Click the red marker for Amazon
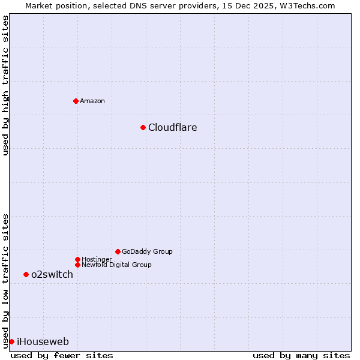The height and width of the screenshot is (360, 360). [76, 101]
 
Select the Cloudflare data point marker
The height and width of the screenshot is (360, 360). [143, 127]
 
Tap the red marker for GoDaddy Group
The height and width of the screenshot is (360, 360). [118, 251]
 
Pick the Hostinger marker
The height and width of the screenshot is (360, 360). [77, 259]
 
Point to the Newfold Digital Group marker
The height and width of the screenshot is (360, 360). [77, 265]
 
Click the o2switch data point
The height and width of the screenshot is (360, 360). [26, 274]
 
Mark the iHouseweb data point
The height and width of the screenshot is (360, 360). [11, 341]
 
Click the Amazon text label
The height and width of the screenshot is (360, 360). [92, 101]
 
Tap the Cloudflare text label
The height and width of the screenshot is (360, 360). [173, 127]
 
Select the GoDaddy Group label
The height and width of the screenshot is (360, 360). [147, 251]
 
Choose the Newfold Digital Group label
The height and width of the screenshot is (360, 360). [117, 265]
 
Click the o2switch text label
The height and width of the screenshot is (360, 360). [52, 274]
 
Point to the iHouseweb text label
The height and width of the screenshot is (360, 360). [43, 341]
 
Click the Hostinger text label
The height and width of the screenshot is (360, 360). [97, 259]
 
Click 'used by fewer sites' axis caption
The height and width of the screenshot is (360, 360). [62, 355]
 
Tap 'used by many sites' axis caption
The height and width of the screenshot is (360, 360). [301, 355]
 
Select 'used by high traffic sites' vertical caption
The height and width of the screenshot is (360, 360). [5, 86]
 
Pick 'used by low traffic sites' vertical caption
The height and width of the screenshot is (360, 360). [5, 280]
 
